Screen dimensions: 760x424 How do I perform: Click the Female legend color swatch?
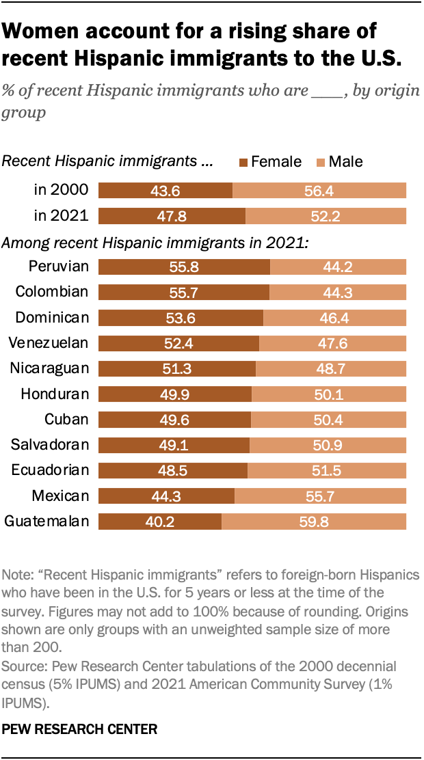tap(243, 162)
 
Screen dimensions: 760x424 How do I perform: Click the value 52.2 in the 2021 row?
tap(326, 216)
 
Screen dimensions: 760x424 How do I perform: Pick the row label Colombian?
tap(52, 292)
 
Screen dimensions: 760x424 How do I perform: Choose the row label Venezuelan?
tap(49, 343)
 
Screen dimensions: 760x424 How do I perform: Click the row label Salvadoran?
tap(50, 445)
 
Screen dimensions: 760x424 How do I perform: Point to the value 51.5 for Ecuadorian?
tap(326, 470)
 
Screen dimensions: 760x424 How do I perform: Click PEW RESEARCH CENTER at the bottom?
tap(79, 729)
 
